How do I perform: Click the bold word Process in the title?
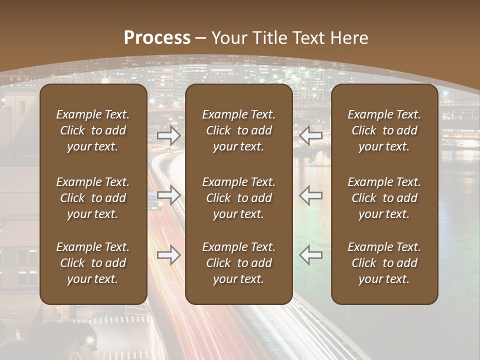(x=157, y=38)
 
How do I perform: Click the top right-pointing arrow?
(x=169, y=135)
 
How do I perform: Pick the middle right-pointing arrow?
(x=169, y=195)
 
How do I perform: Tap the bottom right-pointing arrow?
(x=169, y=255)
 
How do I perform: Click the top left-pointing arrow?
(x=311, y=135)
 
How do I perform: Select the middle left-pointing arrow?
(x=311, y=195)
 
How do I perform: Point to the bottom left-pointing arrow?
(x=311, y=255)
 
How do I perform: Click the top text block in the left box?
(x=93, y=130)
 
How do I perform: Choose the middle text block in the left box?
(x=93, y=198)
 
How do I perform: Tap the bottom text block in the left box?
(x=93, y=263)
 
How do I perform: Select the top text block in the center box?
(x=238, y=130)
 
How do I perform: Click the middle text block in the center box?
(x=238, y=198)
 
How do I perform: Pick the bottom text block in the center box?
(x=238, y=263)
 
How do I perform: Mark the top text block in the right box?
(x=384, y=130)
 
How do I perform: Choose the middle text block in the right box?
(x=384, y=198)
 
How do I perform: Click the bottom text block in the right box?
(x=384, y=263)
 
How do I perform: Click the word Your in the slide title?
(x=228, y=38)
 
